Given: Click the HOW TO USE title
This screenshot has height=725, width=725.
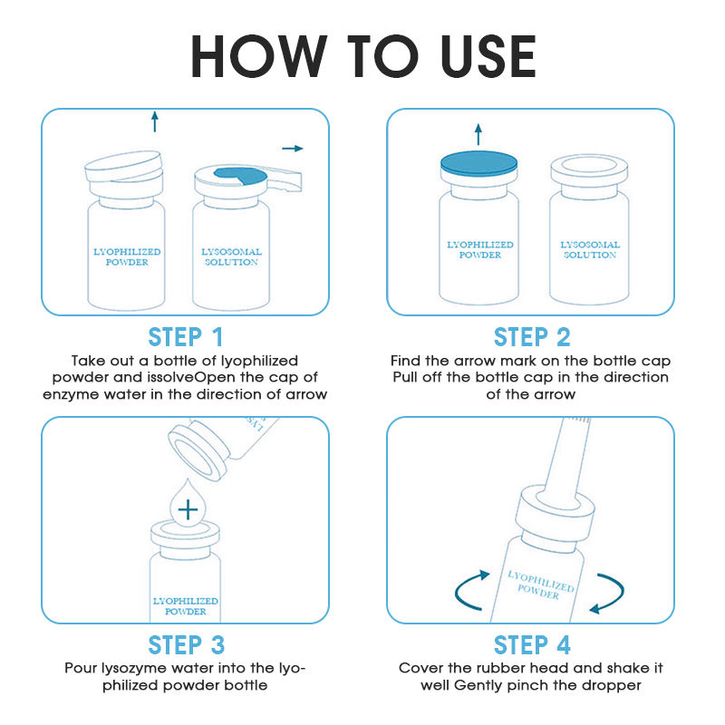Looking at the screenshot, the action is pos(363,57).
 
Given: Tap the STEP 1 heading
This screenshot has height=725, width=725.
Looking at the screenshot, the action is pos(186,337).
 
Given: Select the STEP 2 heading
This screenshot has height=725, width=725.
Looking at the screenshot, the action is pos(532,337).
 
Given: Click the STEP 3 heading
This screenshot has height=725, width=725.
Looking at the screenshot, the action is pos(186,645).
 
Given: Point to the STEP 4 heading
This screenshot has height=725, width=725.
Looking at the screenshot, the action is pos(532,645).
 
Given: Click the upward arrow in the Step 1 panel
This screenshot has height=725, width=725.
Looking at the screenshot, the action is pos(155,121).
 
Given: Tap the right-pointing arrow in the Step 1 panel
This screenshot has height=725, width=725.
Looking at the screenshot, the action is pos(293,149).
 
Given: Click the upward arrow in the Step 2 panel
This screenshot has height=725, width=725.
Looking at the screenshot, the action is pos(478,134).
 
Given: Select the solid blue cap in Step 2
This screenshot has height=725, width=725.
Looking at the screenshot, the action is pos(479,164).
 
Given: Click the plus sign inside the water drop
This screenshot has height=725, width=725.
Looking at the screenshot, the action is pos(188,509).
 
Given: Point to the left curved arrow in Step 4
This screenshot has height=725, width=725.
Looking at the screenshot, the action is pos(470,590).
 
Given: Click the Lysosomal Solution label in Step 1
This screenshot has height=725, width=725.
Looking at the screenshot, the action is pos(231,257).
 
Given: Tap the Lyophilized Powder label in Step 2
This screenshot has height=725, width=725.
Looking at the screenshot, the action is pos(480,250).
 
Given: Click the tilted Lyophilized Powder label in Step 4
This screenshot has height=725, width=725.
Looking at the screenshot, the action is pos(540,585).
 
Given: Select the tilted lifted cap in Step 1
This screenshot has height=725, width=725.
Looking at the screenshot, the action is pos(124,166).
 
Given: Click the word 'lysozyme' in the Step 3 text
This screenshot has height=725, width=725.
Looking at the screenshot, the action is pos(134,669).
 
